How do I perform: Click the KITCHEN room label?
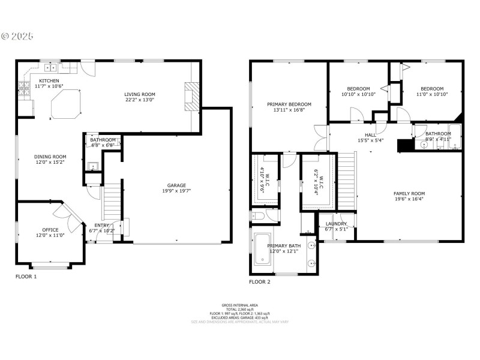[49, 80]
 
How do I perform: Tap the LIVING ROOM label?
[140, 94]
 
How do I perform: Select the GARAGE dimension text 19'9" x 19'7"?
[176, 191]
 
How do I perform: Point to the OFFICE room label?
[50, 230]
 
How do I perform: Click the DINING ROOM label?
[50, 157]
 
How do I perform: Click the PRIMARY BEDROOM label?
[289, 104]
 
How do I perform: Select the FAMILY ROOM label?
[409, 193]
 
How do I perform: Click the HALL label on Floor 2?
[371, 135]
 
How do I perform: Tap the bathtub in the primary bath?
[263, 250]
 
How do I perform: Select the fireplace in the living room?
[191, 96]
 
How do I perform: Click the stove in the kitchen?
[25, 90]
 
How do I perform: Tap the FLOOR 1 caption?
[26, 277]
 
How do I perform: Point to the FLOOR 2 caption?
[260, 281]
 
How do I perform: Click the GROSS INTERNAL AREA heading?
[240, 305]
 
